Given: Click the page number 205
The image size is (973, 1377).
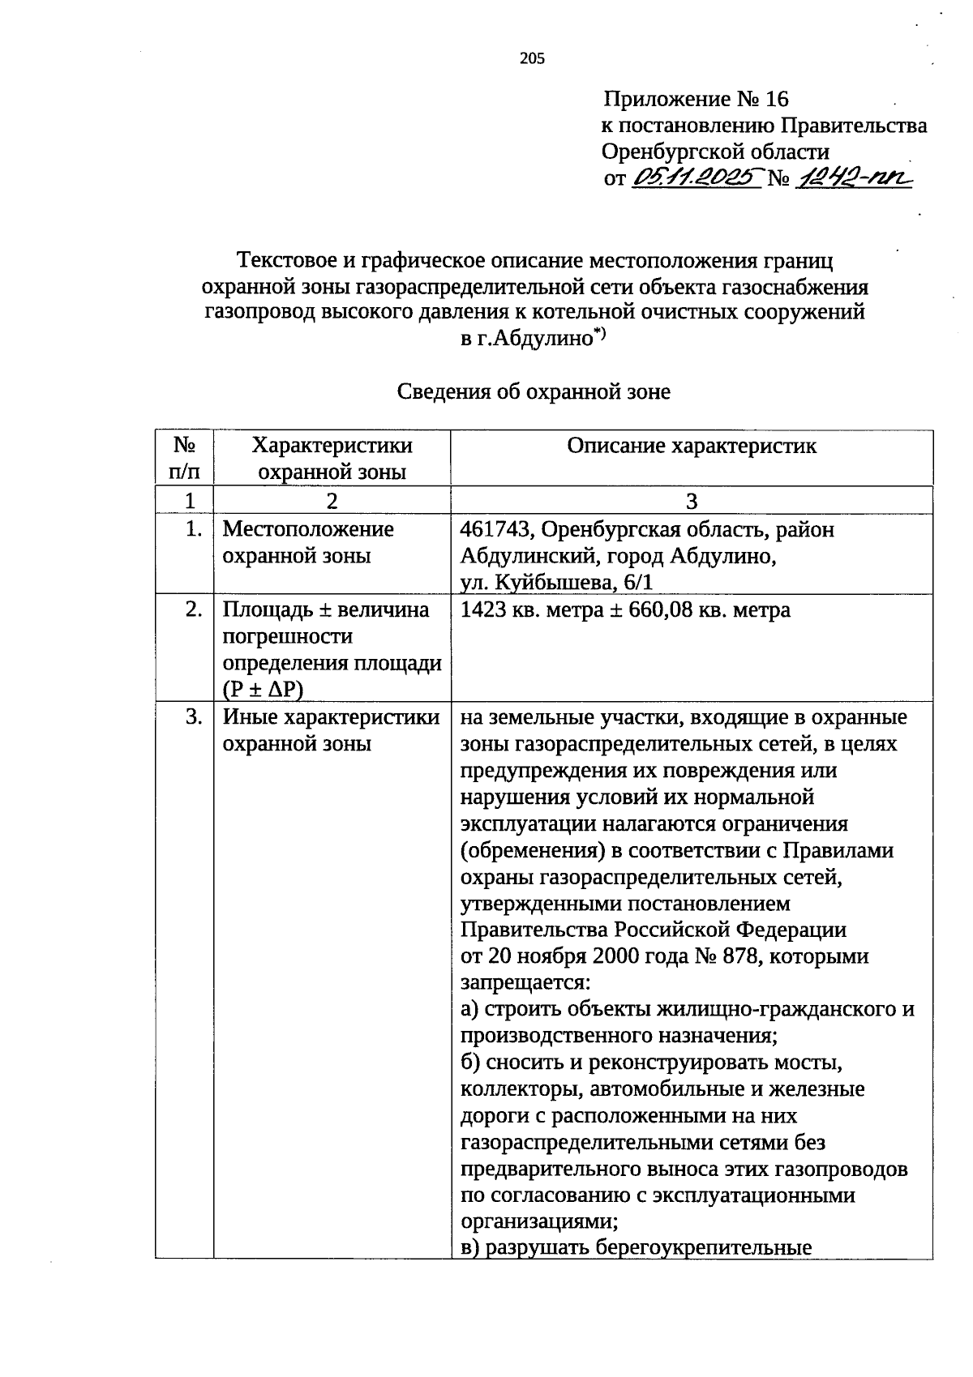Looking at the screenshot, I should [x=532, y=58].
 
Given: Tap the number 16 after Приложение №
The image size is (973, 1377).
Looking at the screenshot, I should [x=776, y=100].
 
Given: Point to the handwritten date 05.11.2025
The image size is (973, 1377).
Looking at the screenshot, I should [x=697, y=177].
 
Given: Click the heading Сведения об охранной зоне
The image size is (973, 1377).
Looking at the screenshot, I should [x=534, y=392].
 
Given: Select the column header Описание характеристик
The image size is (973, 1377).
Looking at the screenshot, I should [x=692, y=446].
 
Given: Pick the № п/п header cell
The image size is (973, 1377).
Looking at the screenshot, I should [x=184, y=458].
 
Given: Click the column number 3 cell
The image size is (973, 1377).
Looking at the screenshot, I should [x=692, y=501].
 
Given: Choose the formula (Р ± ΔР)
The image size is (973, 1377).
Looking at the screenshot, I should [x=263, y=689].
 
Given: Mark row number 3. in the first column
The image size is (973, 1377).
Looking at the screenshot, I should [x=193, y=717].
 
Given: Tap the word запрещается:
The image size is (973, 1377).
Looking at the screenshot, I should [x=525, y=983].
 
